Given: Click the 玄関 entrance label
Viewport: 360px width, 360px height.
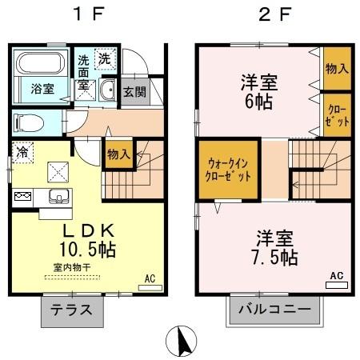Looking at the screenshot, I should coord(134,91).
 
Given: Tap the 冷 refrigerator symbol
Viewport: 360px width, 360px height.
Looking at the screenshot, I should coord(22,150).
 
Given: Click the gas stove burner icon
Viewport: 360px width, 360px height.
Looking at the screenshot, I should coord(22,196).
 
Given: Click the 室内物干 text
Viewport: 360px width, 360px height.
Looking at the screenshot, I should coord(71,268).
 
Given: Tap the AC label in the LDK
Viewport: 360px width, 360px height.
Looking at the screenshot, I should coord(148,279).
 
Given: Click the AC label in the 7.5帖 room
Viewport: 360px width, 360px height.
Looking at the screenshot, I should coord(336,275).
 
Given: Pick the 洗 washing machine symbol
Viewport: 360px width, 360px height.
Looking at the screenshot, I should coord(104,58).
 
